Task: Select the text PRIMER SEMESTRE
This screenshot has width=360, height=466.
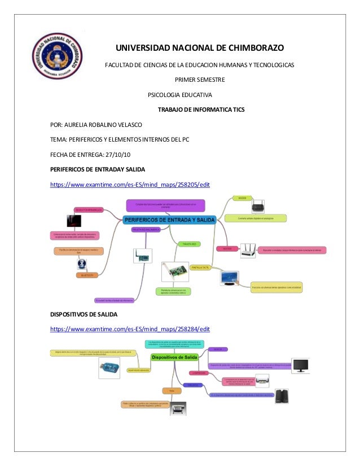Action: click(x=200, y=80)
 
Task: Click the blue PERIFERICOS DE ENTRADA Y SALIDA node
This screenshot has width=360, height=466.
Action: click(x=170, y=220)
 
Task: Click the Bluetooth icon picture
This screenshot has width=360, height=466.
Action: click(x=81, y=264)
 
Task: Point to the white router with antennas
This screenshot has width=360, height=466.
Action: click(x=248, y=250)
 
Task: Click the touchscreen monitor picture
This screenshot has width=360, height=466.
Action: click(x=232, y=278)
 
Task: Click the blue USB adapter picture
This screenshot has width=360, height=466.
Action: click(x=110, y=370)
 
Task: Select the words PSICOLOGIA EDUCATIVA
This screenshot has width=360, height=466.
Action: click(x=180, y=94)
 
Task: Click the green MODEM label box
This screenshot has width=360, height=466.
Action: click(x=242, y=199)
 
